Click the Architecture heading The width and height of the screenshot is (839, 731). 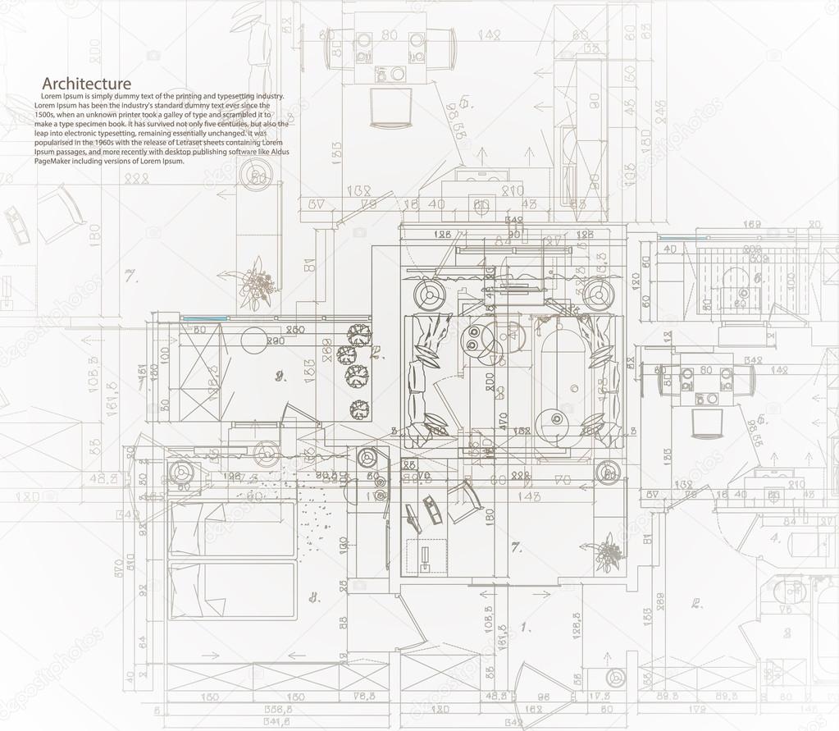(x=86, y=84)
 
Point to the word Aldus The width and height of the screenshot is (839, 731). (x=276, y=152)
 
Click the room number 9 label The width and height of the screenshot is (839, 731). (x=280, y=377)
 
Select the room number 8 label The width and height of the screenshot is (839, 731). (x=313, y=597)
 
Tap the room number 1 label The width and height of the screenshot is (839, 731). (x=525, y=627)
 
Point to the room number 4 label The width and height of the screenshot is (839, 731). (x=775, y=539)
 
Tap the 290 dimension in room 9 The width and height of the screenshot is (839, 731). (x=275, y=340)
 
